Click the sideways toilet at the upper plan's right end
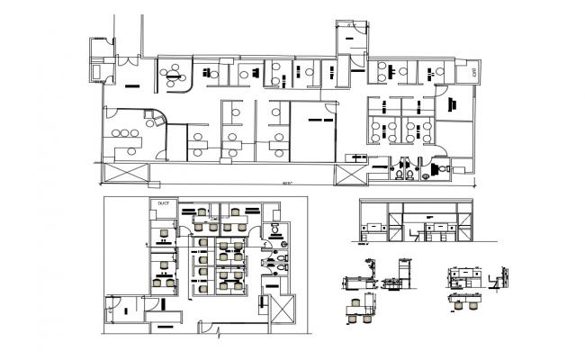pyautogui.click(x=441, y=167)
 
